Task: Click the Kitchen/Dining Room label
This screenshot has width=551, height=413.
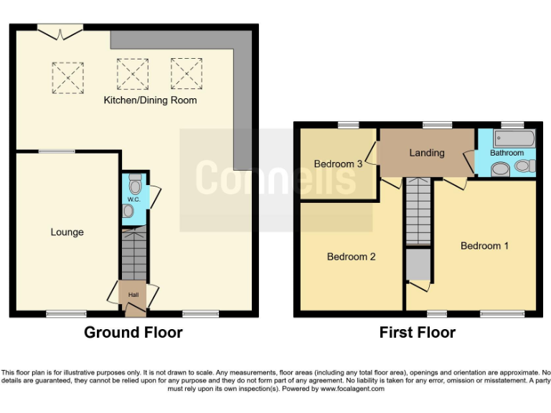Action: [x=150, y=100]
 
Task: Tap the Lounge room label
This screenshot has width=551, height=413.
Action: [x=67, y=232]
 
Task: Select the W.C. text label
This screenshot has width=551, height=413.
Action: [x=133, y=199]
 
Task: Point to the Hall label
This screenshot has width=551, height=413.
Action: [x=133, y=295]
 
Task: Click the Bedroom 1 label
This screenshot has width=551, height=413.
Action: [x=484, y=246]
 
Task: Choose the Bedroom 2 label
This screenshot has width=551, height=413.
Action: [x=351, y=257]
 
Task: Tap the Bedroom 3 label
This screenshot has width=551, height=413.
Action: [x=338, y=164]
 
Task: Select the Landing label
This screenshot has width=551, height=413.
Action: [x=427, y=153]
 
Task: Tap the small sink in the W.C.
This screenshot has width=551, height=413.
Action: [x=128, y=212]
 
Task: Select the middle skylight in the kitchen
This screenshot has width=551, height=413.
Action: [x=131, y=72]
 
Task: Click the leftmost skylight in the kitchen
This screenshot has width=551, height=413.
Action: [x=68, y=77]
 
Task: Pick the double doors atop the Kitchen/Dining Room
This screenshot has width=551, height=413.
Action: [x=60, y=32]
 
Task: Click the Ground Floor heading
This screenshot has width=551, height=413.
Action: [x=133, y=333]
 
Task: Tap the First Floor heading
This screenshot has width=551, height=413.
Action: [x=417, y=333]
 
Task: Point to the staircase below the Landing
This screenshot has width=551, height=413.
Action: [x=418, y=211]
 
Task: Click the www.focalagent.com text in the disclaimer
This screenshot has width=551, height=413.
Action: [x=352, y=389]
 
